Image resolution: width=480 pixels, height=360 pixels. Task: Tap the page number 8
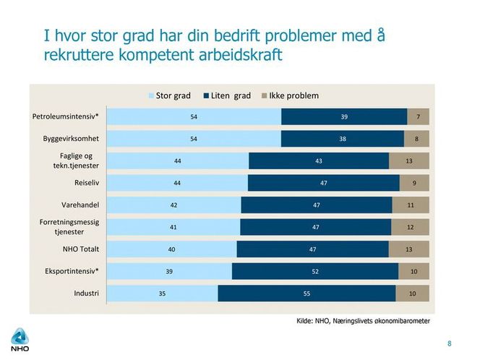449,343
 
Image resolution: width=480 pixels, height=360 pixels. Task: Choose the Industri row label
85,293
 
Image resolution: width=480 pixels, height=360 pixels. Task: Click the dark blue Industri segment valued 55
307,293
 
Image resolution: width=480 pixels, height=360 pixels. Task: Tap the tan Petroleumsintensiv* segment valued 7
418,116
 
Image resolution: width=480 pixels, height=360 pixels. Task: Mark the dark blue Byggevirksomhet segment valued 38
342,139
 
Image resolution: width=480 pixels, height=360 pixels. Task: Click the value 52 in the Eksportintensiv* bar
315,272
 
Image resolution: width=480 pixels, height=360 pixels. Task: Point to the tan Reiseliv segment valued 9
414,183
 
